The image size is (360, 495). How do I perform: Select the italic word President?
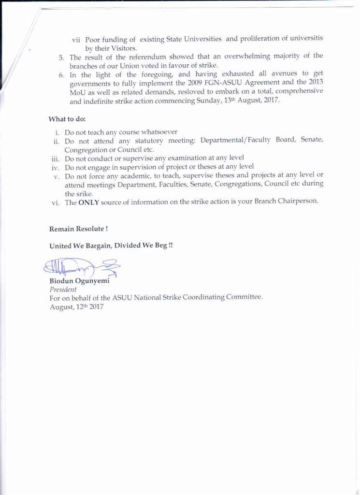point(63,290)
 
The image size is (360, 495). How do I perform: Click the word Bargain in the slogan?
point(97,246)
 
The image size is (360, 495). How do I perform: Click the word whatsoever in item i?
point(155,132)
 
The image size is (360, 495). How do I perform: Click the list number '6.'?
point(61,75)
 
